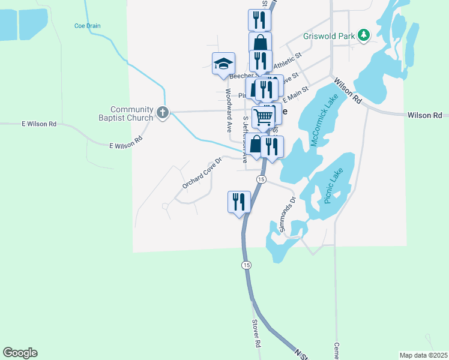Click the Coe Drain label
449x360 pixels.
(87, 26)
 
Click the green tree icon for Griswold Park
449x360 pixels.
(363, 36)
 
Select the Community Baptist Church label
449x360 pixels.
(124, 113)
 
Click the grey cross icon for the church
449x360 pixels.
(162, 112)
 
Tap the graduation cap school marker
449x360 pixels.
(223, 63)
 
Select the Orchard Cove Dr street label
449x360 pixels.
(202, 173)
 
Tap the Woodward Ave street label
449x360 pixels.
(229, 110)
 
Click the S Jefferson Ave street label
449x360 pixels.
(245, 140)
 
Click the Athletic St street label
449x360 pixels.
(287, 60)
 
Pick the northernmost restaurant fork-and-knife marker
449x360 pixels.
(259, 19)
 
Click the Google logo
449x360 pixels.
(20, 353)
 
